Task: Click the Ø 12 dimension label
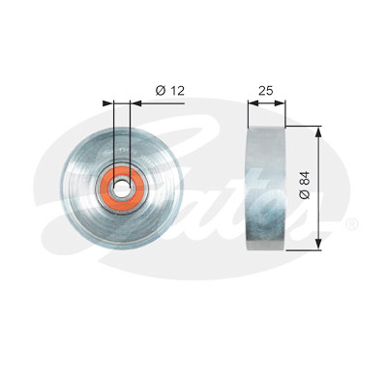coord(170,91)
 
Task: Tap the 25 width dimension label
coord(266,91)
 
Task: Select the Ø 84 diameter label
coord(305,185)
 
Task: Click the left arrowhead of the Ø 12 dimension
coord(108,103)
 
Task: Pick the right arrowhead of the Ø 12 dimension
coord(135,103)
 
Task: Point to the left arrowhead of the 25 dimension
coord(253,103)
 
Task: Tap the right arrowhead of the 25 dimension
coord(280,103)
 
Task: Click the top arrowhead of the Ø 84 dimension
coord(318,132)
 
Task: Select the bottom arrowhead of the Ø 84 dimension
coord(318,244)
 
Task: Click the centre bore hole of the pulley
coord(122,188)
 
